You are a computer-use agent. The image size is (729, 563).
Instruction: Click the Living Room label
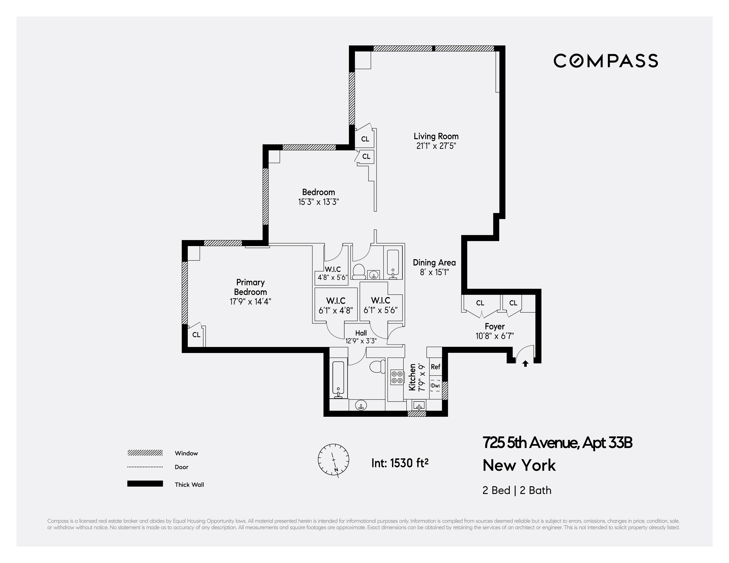(x=436, y=136)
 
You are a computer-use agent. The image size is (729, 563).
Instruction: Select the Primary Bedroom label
(x=250, y=287)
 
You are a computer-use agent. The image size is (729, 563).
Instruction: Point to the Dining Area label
(x=434, y=262)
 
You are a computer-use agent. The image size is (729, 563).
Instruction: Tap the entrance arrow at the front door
(x=525, y=364)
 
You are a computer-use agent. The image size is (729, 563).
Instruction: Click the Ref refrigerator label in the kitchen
(x=435, y=366)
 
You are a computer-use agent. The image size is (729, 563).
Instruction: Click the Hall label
(x=361, y=333)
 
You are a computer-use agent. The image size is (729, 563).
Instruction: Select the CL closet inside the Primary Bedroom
(x=196, y=335)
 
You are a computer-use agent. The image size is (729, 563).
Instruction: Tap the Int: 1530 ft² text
(x=400, y=463)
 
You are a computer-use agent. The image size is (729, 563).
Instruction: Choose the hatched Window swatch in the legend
(x=145, y=453)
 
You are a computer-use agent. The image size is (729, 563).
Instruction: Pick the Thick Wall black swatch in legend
(x=145, y=484)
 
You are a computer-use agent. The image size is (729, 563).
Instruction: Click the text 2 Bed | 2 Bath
(x=517, y=490)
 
